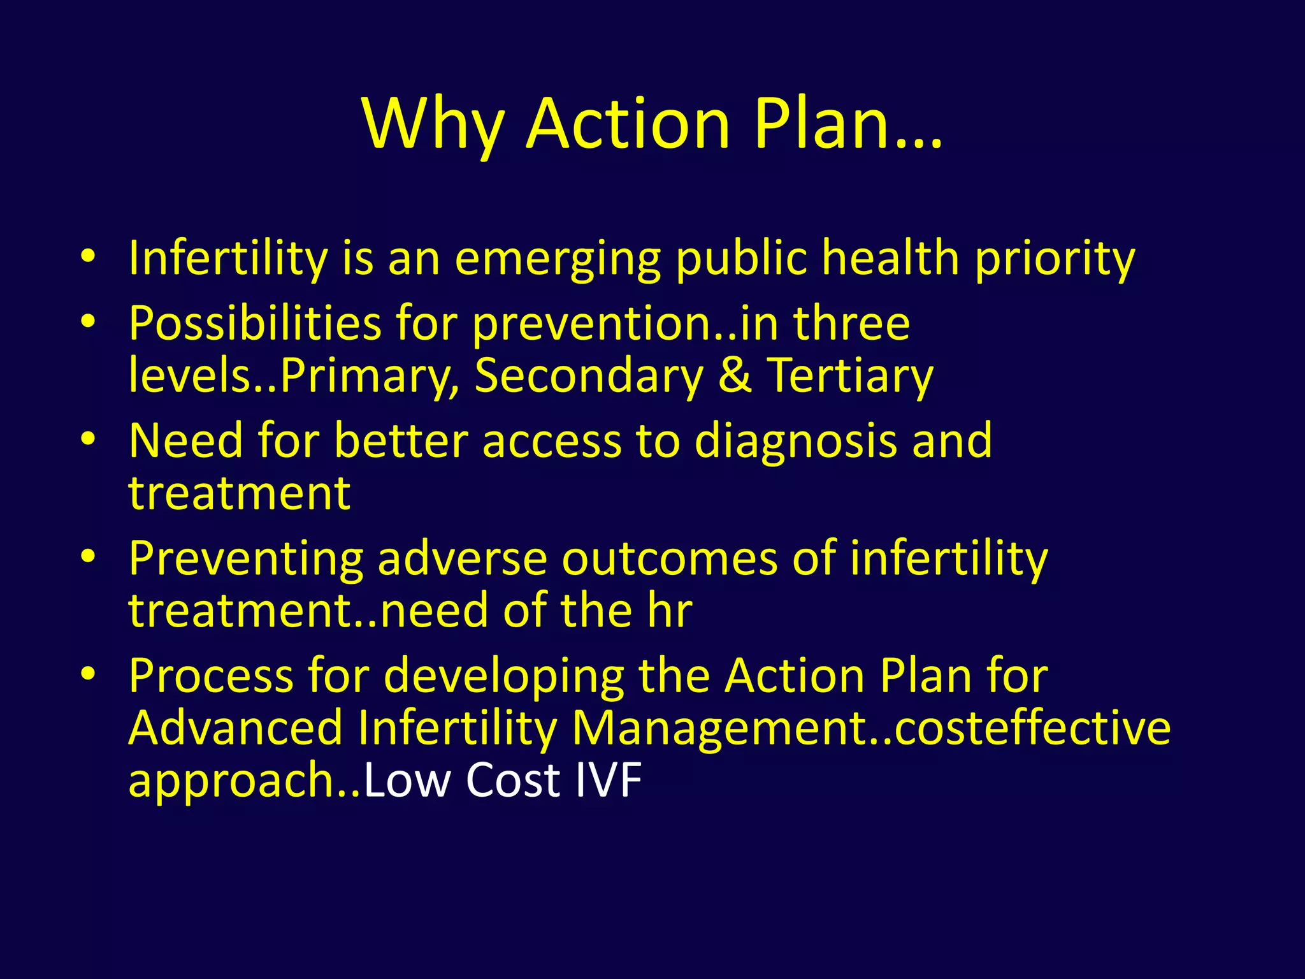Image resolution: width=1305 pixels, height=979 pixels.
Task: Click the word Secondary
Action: click(589, 375)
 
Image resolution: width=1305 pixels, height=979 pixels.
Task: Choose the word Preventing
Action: click(246, 558)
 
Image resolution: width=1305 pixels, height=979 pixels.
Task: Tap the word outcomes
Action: click(669, 558)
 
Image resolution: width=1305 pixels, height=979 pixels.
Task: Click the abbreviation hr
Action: click(669, 611)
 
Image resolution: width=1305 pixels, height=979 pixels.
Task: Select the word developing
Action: click(503, 676)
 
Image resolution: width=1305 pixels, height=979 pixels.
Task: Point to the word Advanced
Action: click(236, 728)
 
